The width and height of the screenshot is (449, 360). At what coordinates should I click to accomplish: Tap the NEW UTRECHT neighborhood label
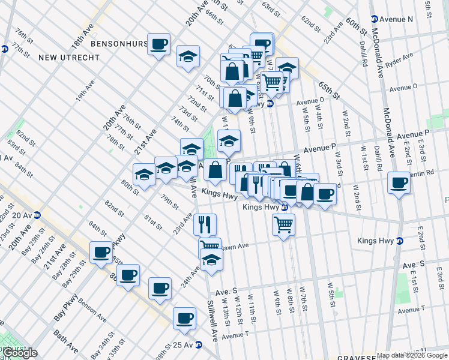65,58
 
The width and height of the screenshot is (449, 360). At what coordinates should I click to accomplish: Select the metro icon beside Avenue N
374,19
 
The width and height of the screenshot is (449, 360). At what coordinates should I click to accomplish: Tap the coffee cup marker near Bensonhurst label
159,44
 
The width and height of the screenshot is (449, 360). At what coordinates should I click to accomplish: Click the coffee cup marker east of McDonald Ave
399,182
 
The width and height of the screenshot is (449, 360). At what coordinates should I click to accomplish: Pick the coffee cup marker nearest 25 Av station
184,318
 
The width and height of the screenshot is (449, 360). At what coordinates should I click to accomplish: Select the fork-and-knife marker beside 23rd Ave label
205,224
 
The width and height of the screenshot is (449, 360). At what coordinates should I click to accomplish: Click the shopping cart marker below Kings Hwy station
283,226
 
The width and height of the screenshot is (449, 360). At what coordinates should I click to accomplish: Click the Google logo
20,353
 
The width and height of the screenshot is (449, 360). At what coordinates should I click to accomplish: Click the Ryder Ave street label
400,61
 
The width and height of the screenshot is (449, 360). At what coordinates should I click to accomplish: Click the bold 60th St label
356,26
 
